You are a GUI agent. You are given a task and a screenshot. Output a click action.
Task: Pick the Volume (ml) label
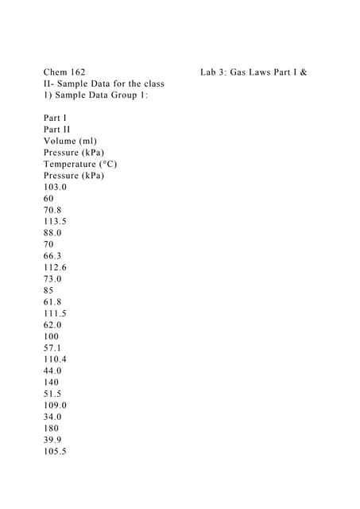pyautogui.click(x=71, y=141)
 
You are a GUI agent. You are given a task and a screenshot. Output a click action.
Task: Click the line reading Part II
pyautogui.click(x=57, y=129)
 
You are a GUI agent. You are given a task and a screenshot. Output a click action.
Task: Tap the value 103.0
pyautogui.click(x=56, y=187)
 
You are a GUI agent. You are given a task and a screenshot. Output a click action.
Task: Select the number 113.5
pyautogui.click(x=56, y=221)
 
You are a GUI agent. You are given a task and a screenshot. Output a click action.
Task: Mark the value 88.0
pyautogui.click(x=53, y=233)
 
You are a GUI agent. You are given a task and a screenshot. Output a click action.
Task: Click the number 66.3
pyautogui.click(x=53, y=256)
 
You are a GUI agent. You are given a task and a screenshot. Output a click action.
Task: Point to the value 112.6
pyautogui.click(x=56, y=267)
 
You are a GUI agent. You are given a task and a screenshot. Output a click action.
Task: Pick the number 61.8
pyautogui.click(x=53, y=302)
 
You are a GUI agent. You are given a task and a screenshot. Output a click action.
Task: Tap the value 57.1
pyautogui.click(x=53, y=348)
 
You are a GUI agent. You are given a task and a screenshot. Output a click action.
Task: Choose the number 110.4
pyautogui.click(x=56, y=359)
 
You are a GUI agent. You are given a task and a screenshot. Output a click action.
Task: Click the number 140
pyautogui.click(x=52, y=383)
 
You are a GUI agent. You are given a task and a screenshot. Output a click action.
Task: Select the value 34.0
pyautogui.click(x=53, y=417)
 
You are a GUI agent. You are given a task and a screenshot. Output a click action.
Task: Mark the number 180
pyautogui.click(x=52, y=429)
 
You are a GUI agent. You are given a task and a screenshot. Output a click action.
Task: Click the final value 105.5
pyautogui.click(x=56, y=452)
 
